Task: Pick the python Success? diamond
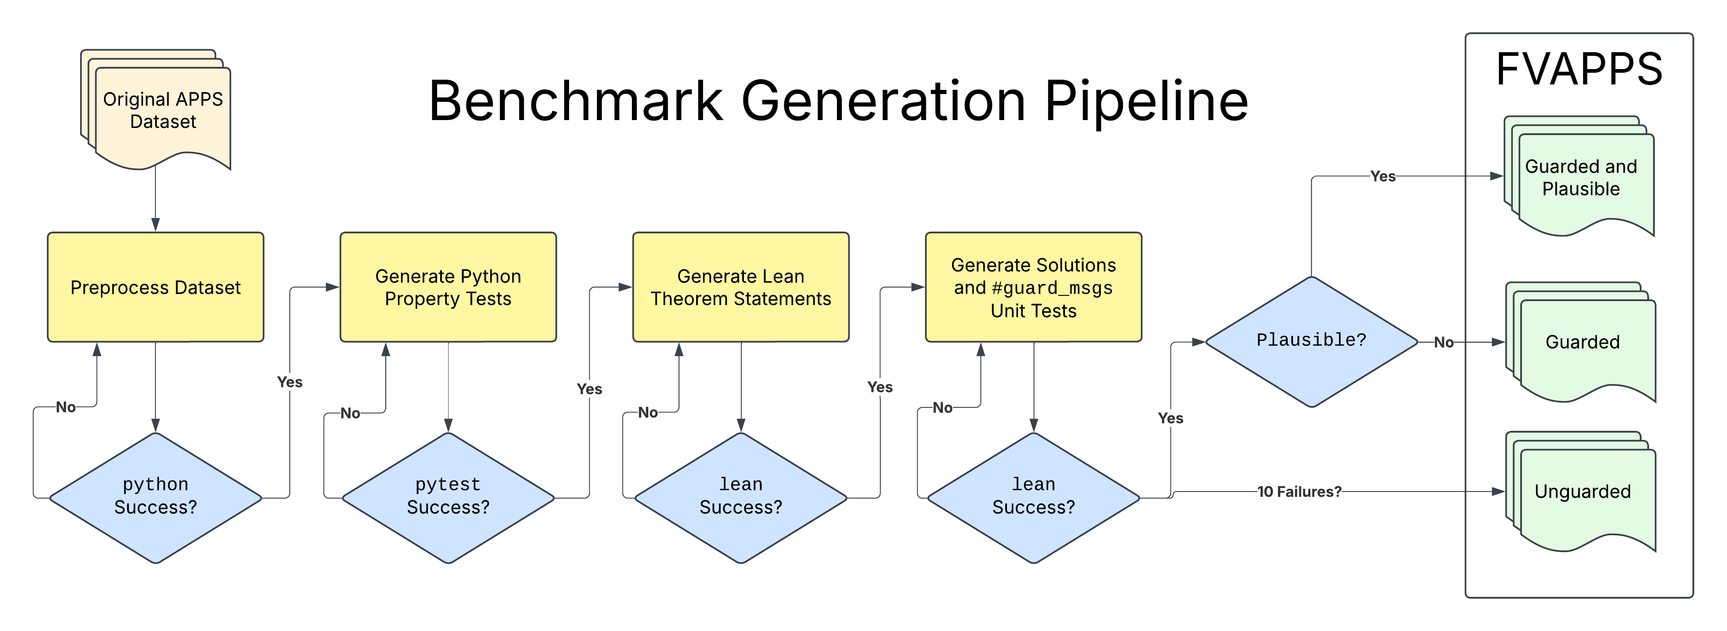[155, 497]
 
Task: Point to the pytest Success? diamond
[448, 497]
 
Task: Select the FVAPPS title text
[1579, 69]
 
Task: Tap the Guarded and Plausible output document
[1581, 178]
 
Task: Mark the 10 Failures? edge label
[1299, 492]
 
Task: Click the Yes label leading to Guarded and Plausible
[1382, 176]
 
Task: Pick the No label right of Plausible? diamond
[1444, 342]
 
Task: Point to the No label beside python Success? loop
[66, 407]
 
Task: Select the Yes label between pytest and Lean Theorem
[589, 389]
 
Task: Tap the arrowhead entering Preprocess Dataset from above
[155, 225]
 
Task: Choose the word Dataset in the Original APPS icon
[163, 122]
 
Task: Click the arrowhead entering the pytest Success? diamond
[448, 426]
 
